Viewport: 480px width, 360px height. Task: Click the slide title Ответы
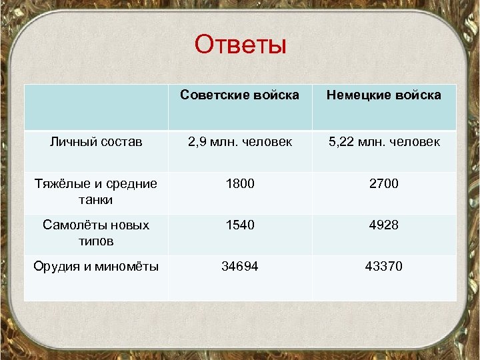pyautogui.click(x=240, y=45)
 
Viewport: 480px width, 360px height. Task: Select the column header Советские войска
pyautogui.click(x=240, y=95)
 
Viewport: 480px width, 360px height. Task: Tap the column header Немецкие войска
pyautogui.click(x=383, y=95)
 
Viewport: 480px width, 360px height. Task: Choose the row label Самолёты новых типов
pyautogui.click(x=96, y=233)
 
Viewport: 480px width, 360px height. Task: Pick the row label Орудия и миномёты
pyautogui.click(x=96, y=267)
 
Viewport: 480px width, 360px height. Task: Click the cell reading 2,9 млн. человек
pyautogui.click(x=240, y=142)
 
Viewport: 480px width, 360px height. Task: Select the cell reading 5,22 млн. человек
pyautogui.click(x=383, y=142)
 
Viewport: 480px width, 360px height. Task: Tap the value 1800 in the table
pyautogui.click(x=240, y=183)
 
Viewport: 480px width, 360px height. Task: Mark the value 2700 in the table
pyautogui.click(x=383, y=183)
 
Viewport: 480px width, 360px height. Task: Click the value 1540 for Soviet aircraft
pyautogui.click(x=240, y=225)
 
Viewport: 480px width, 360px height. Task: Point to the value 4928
pyautogui.click(x=383, y=225)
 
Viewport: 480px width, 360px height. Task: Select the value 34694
pyautogui.click(x=240, y=267)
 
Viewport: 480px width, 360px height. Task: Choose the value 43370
pyautogui.click(x=383, y=267)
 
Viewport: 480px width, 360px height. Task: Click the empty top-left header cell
pyautogui.click(x=96, y=107)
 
